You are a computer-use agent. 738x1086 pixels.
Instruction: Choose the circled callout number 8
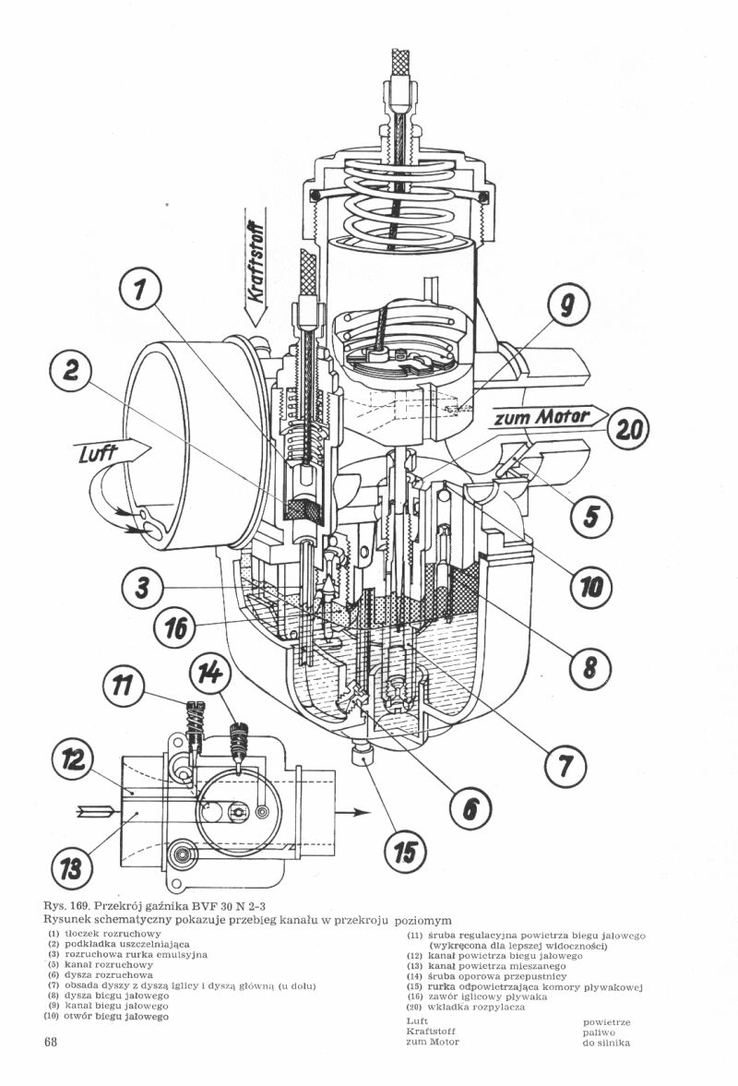coord(565,767)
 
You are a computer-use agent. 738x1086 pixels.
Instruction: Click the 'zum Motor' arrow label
coord(542,417)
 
